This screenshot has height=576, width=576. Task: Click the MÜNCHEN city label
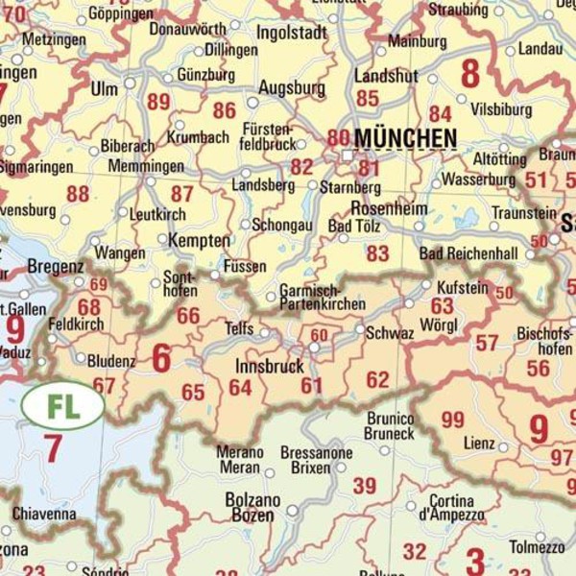[x=405, y=139]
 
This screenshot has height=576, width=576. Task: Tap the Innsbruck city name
[x=269, y=366]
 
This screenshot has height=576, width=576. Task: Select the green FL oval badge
[x=62, y=405]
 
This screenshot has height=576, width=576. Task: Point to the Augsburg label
[x=292, y=88]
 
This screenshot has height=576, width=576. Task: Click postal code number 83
[x=377, y=252]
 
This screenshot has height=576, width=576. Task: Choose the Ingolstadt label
[x=292, y=32]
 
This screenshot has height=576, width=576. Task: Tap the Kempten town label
[x=200, y=240]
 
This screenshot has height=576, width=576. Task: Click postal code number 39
[x=364, y=486]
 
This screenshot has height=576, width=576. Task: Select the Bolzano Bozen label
[x=252, y=509]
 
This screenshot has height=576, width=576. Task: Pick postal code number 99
[x=452, y=420]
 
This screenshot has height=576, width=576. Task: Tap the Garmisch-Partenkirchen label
[x=322, y=297]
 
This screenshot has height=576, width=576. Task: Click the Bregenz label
[x=56, y=266]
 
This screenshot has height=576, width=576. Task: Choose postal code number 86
[x=225, y=110]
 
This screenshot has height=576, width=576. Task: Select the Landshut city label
[x=386, y=75]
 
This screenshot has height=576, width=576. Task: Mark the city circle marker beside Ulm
[x=130, y=84]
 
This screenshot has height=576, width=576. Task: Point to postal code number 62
[x=377, y=380]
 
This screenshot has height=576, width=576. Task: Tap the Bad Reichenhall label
[x=468, y=254]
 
